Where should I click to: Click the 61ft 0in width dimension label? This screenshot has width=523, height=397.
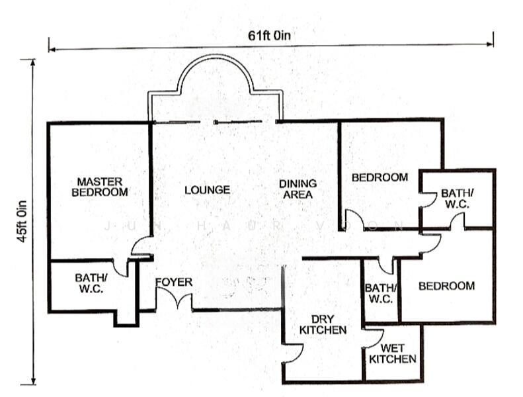(269, 35)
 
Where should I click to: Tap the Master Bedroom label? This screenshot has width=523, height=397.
(99, 187)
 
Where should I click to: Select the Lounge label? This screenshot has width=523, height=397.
(207, 190)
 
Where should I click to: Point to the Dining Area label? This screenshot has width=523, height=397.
(297, 189)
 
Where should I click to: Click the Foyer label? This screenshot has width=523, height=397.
(174, 283)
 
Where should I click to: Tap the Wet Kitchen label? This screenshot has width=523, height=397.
(392, 353)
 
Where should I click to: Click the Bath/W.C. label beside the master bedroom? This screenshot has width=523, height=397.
(89, 283)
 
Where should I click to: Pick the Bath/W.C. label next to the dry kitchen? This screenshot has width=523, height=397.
(380, 293)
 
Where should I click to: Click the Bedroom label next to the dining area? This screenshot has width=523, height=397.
(380, 177)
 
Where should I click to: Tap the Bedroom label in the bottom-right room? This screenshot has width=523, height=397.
(446, 286)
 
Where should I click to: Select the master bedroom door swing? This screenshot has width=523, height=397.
(140, 246)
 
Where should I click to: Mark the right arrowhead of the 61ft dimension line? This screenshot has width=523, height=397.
(490, 45)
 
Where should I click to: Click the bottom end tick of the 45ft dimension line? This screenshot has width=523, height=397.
(32, 384)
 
